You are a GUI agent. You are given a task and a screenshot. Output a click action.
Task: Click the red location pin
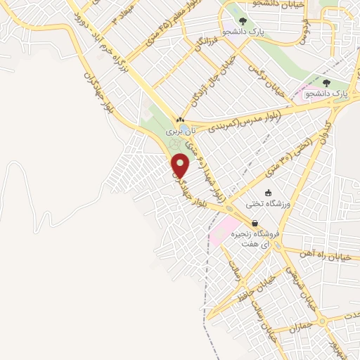pos(181,165)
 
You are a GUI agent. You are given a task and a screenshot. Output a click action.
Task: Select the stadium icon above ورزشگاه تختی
pos(266,193)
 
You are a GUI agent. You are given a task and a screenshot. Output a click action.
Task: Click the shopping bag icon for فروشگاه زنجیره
pos(255,223)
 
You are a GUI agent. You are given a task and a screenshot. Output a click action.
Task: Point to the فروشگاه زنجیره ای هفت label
pos(257,238)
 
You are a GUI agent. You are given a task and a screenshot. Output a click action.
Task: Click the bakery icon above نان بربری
pos(181,120)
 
